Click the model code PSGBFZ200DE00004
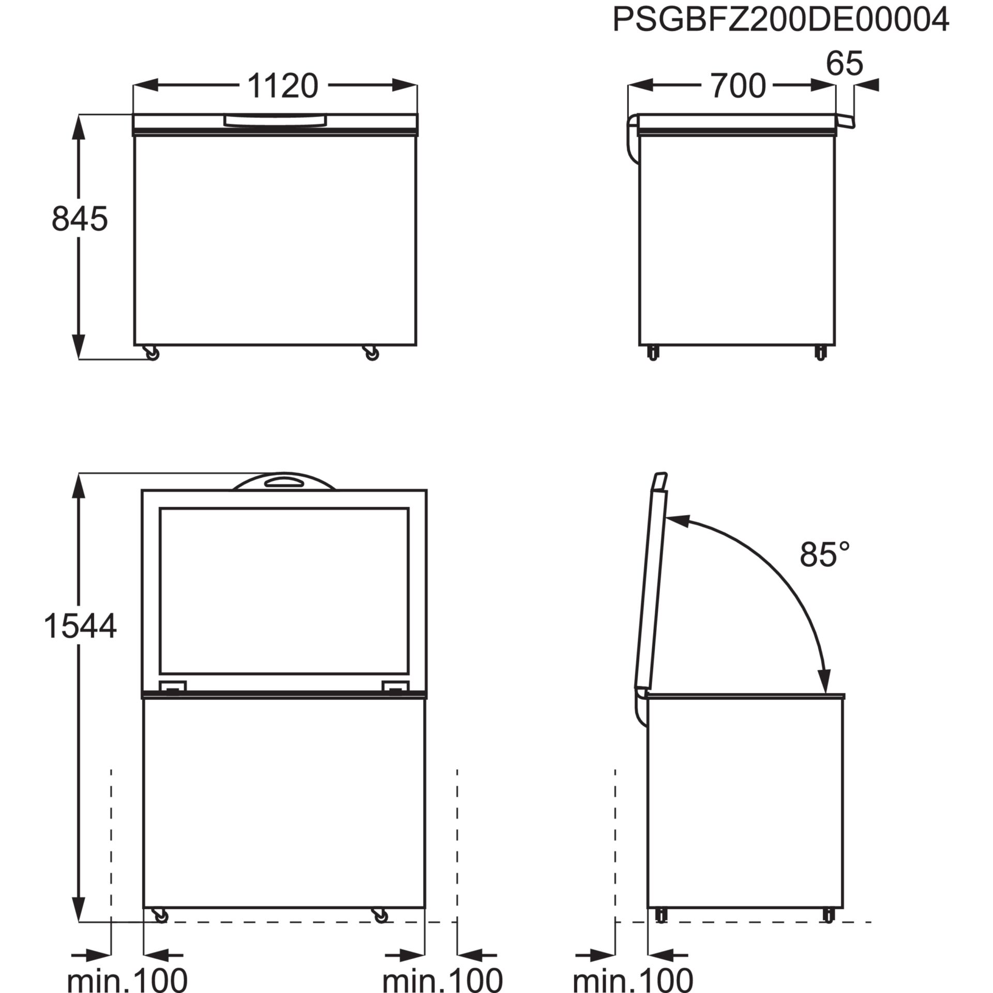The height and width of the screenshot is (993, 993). [780, 20]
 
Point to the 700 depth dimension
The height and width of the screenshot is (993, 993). [738, 86]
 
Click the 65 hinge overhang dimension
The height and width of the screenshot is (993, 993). [845, 63]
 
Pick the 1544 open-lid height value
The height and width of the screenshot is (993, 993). [80, 626]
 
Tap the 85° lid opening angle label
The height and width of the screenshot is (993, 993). [825, 555]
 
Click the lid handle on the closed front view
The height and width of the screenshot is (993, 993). [275, 121]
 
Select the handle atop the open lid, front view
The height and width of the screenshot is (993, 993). [283, 482]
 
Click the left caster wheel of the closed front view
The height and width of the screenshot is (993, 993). [153, 353]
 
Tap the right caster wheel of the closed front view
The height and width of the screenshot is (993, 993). [371, 353]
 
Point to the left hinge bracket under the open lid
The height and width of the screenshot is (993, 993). [172, 686]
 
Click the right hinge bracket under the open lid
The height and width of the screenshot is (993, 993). [396, 686]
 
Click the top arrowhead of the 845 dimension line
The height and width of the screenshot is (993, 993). [79, 125]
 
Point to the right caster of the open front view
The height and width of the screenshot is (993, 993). [381, 915]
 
